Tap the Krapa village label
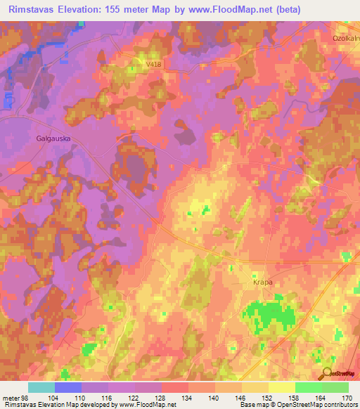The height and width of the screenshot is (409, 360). (262, 282)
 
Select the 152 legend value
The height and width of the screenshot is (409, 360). (268, 398)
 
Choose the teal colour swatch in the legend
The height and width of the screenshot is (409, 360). (41, 387)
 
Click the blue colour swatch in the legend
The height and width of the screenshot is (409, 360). (68, 387)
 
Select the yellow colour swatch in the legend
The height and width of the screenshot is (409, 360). (281, 387)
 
